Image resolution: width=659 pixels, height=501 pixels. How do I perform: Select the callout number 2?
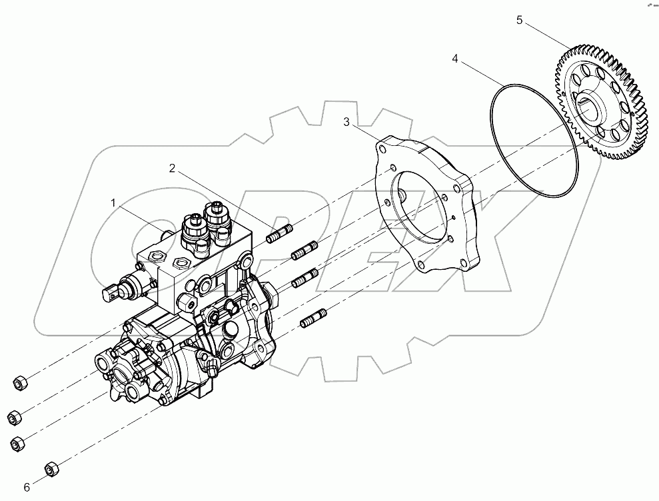(172, 169)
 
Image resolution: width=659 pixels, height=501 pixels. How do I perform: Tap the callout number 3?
(346, 122)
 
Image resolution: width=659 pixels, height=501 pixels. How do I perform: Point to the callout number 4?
(455, 59)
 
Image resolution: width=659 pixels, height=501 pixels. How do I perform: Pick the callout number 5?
(520, 20)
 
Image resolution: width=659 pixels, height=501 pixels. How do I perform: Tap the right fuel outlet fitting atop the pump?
(217, 217)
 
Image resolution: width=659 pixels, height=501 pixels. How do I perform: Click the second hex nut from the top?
(13, 418)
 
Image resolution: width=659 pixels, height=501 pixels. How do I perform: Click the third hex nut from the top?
(19, 442)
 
